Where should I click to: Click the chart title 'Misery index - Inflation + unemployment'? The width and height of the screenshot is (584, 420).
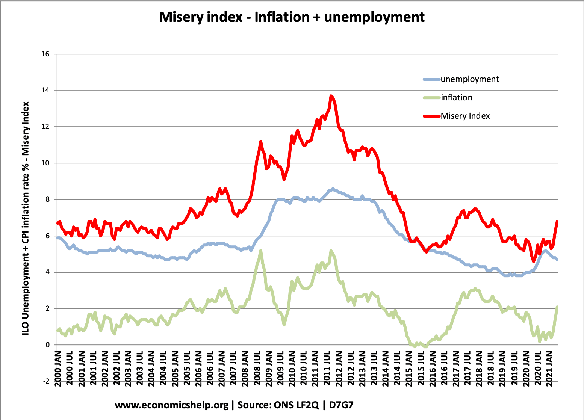(292, 17)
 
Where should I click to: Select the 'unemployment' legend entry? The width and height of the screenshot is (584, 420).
(470, 79)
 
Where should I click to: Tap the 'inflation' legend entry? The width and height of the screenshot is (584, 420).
(456, 98)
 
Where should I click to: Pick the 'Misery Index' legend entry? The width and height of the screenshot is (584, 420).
(465, 116)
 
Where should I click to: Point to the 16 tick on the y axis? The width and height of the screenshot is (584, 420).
(45, 54)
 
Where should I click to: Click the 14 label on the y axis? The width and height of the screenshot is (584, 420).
(45, 91)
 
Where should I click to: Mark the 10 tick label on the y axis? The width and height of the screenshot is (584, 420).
(45, 163)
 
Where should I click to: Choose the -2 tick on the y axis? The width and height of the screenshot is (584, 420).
(46, 381)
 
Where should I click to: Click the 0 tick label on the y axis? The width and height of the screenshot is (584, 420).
(47, 345)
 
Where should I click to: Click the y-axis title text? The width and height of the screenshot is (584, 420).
(25, 218)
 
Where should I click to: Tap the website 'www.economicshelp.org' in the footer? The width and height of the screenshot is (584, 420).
(171, 405)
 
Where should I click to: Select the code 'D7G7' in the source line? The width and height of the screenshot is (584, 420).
(341, 405)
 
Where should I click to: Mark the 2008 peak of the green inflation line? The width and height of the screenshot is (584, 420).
(260, 251)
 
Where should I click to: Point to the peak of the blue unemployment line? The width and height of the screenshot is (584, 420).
(333, 189)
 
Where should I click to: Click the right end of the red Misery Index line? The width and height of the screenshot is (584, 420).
(557, 221)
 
